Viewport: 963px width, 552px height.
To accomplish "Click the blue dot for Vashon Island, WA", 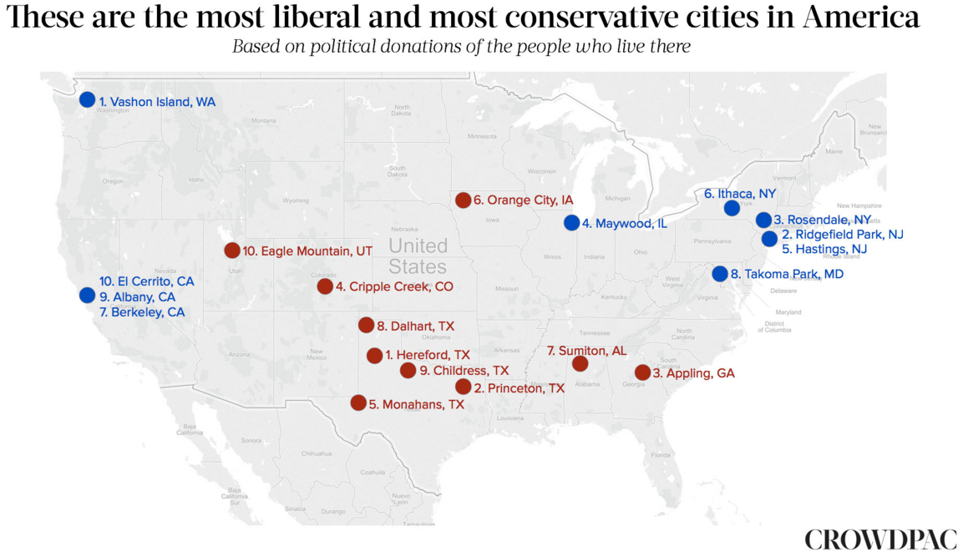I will click(87, 99).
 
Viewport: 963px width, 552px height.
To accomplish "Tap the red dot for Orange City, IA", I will click(463, 200).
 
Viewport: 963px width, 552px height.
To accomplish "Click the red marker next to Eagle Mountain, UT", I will click(232, 251).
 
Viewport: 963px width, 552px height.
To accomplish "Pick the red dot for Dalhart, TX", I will click(366, 325).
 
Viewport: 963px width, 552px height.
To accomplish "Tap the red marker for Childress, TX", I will click(408, 370).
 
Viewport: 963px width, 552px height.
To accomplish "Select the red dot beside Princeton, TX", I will click(463, 386).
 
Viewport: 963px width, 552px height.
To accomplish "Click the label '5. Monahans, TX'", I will click(416, 403).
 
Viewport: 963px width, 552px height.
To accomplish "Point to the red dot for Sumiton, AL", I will click(580, 363).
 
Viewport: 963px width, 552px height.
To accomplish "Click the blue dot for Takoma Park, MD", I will click(719, 273).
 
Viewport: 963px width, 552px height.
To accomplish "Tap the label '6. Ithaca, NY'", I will click(740, 193).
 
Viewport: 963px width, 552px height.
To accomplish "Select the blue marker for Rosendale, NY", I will click(763, 220).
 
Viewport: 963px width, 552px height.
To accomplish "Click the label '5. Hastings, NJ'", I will click(824, 249).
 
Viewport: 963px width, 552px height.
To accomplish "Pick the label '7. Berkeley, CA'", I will click(141, 312).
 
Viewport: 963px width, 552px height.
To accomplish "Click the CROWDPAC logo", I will click(880, 539).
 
